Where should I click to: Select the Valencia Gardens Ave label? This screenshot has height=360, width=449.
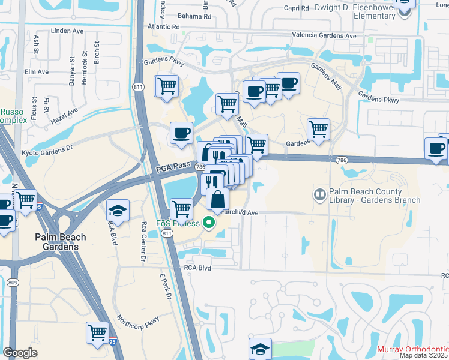324,35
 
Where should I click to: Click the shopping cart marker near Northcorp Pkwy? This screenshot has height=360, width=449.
97,332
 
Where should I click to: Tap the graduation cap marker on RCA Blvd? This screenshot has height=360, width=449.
118,211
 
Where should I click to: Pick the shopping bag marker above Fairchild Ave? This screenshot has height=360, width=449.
217,199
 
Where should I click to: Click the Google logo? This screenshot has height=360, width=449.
20,353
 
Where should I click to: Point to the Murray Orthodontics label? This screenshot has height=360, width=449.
413,349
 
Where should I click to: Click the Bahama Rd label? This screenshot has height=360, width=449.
199,16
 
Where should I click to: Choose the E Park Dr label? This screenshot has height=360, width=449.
166,287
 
